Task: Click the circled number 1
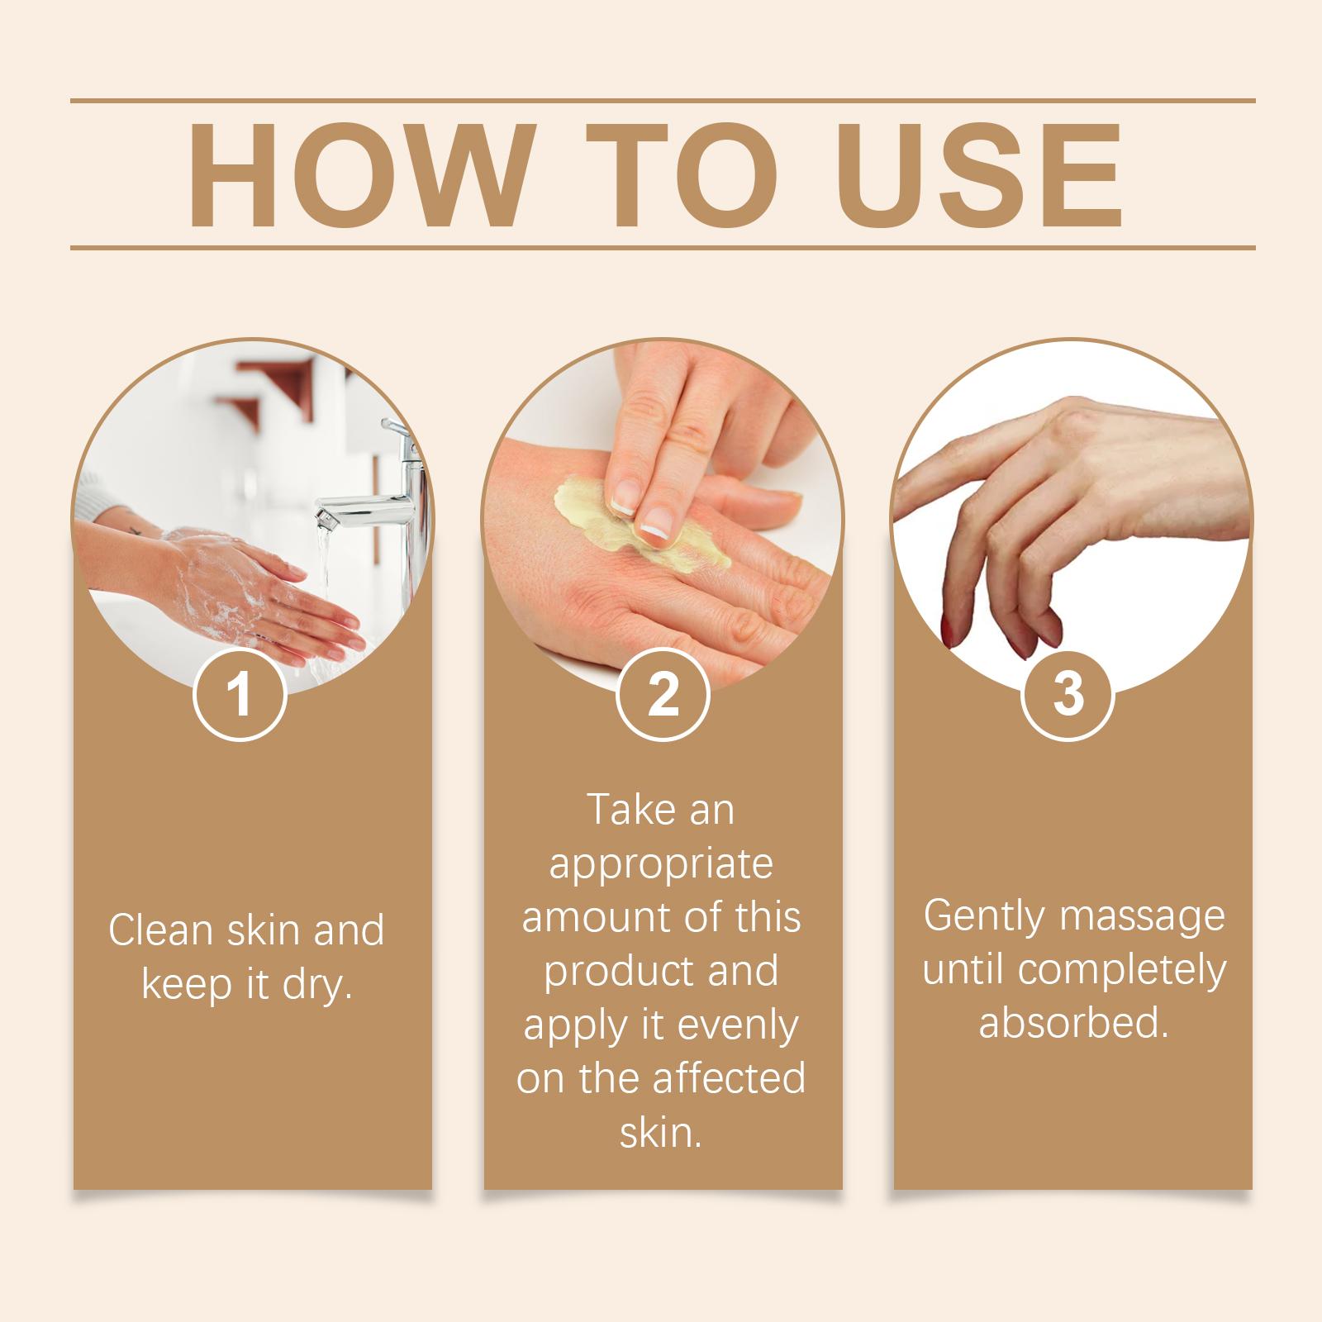coord(240,695)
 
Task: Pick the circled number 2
coord(663,695)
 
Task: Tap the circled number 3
coord(1068,695)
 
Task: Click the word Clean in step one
coord(160,930)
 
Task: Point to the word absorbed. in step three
coord(1073,1023)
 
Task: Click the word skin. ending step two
coord(661,1131)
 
